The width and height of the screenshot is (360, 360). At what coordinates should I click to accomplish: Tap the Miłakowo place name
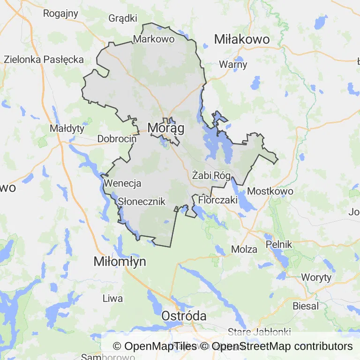242,39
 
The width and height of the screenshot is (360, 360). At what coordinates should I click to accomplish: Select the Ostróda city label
184,316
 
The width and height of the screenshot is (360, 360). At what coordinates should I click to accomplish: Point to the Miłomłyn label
120,262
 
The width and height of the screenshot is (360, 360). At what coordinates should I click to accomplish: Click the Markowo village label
154,39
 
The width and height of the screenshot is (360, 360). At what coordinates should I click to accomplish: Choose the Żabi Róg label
211,176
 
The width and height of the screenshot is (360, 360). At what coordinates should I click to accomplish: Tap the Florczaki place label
218,200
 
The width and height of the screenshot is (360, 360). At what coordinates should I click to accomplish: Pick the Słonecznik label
142,202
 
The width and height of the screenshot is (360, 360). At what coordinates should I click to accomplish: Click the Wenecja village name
123,183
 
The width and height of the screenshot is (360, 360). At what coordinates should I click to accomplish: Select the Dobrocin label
117,139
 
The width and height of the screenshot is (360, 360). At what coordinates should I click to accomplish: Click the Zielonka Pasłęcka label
44,60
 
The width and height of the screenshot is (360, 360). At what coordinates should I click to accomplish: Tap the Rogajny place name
60,13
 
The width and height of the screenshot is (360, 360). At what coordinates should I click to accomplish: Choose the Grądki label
123,18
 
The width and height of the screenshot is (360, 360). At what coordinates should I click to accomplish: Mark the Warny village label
233,65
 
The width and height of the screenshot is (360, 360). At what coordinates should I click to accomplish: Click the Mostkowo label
270,191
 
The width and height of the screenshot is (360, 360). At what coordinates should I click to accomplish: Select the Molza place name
245,249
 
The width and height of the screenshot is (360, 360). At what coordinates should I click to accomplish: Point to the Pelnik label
279,244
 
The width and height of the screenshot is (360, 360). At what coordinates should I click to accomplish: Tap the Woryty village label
316,277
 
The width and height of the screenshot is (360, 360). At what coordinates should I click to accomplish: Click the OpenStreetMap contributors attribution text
282,346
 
